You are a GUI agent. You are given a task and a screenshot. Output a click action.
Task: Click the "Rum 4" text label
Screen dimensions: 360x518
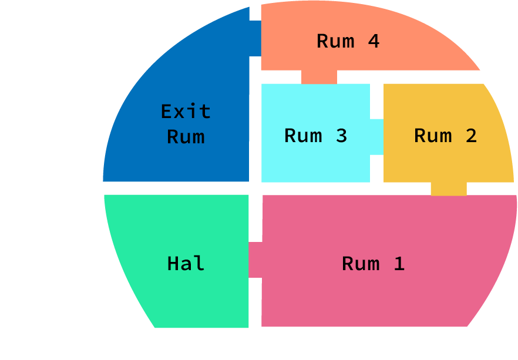click(348, 41)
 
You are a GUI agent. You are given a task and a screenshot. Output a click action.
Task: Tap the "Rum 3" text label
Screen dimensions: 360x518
click(315, 136)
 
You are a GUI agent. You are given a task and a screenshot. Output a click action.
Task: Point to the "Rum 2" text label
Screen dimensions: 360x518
click(445, 136)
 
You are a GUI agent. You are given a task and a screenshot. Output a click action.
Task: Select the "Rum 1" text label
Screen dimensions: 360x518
click(373, 264)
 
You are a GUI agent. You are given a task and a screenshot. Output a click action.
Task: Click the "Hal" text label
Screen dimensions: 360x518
click(186, 264)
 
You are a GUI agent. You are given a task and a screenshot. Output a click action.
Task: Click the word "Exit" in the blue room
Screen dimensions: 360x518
click(186, 111)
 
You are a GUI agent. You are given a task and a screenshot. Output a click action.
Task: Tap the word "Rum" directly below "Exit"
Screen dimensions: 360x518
click(186, 137)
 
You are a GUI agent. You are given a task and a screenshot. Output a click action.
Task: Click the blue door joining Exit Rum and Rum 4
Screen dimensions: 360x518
click(255, 39)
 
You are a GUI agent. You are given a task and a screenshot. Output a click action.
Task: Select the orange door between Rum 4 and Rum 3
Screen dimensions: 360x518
click(319, 77)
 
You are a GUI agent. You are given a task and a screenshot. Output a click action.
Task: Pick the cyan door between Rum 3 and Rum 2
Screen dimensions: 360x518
click(376, 137)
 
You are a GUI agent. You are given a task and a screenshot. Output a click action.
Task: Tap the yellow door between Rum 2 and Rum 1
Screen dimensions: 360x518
click(449, 189)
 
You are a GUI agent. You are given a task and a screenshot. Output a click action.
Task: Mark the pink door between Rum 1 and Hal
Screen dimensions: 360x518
click(255, 260)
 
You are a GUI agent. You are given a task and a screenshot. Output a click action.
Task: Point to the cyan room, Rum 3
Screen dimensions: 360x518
click(315, 164)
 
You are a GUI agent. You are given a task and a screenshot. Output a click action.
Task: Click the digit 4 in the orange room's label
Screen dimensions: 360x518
click(374, 41)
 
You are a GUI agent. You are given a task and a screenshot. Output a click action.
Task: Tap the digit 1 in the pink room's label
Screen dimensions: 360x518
click(399, 264)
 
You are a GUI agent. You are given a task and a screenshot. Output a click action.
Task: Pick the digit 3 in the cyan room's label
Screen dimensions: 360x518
click(341, 136)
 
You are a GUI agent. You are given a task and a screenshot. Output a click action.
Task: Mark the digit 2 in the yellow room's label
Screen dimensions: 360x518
click(470, 136)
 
